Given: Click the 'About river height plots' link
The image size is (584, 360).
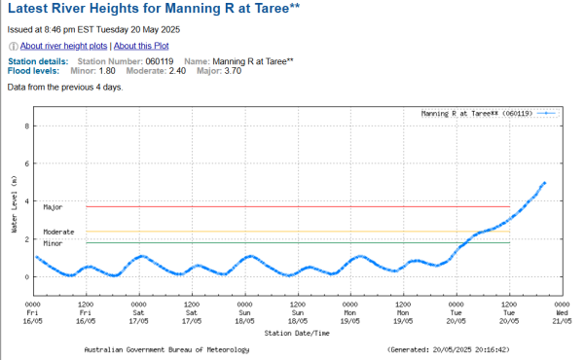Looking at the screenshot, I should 63,46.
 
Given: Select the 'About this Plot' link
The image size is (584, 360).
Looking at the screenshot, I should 142,46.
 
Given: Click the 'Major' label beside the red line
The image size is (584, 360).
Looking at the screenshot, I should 53,207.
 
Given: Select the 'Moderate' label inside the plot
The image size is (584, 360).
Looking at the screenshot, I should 58,232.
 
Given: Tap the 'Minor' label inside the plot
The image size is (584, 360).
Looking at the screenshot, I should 53,242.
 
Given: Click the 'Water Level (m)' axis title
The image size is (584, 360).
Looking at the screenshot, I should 14,204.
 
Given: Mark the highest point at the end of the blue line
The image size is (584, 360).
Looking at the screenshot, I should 545,183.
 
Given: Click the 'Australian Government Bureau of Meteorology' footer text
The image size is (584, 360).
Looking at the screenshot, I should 166,349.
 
